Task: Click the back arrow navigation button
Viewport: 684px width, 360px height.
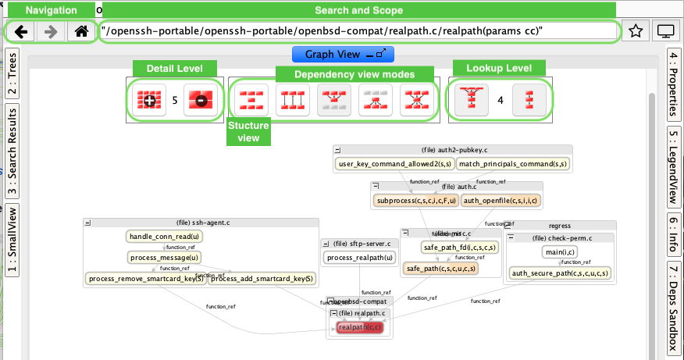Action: (x=22, y=32)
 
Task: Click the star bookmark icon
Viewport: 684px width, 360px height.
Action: (x=636, y=32)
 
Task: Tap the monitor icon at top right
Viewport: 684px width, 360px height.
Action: (x=665, y=32)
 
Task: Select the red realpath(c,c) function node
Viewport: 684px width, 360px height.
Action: (x=360, y=327)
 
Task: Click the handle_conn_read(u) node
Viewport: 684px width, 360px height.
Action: (x=163, y=236)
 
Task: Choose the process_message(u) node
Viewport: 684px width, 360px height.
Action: (x=163, y=257)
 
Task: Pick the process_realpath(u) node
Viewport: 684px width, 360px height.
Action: (x=359, y=258)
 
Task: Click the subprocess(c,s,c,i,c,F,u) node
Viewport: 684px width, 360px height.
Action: (x=415, y=201)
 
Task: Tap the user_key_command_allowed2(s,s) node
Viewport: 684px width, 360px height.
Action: (x=394, y=164)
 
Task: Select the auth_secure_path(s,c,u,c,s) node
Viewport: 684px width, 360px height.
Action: (x=560, y=273)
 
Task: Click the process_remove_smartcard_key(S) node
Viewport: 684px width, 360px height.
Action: (x=146, y=278)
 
